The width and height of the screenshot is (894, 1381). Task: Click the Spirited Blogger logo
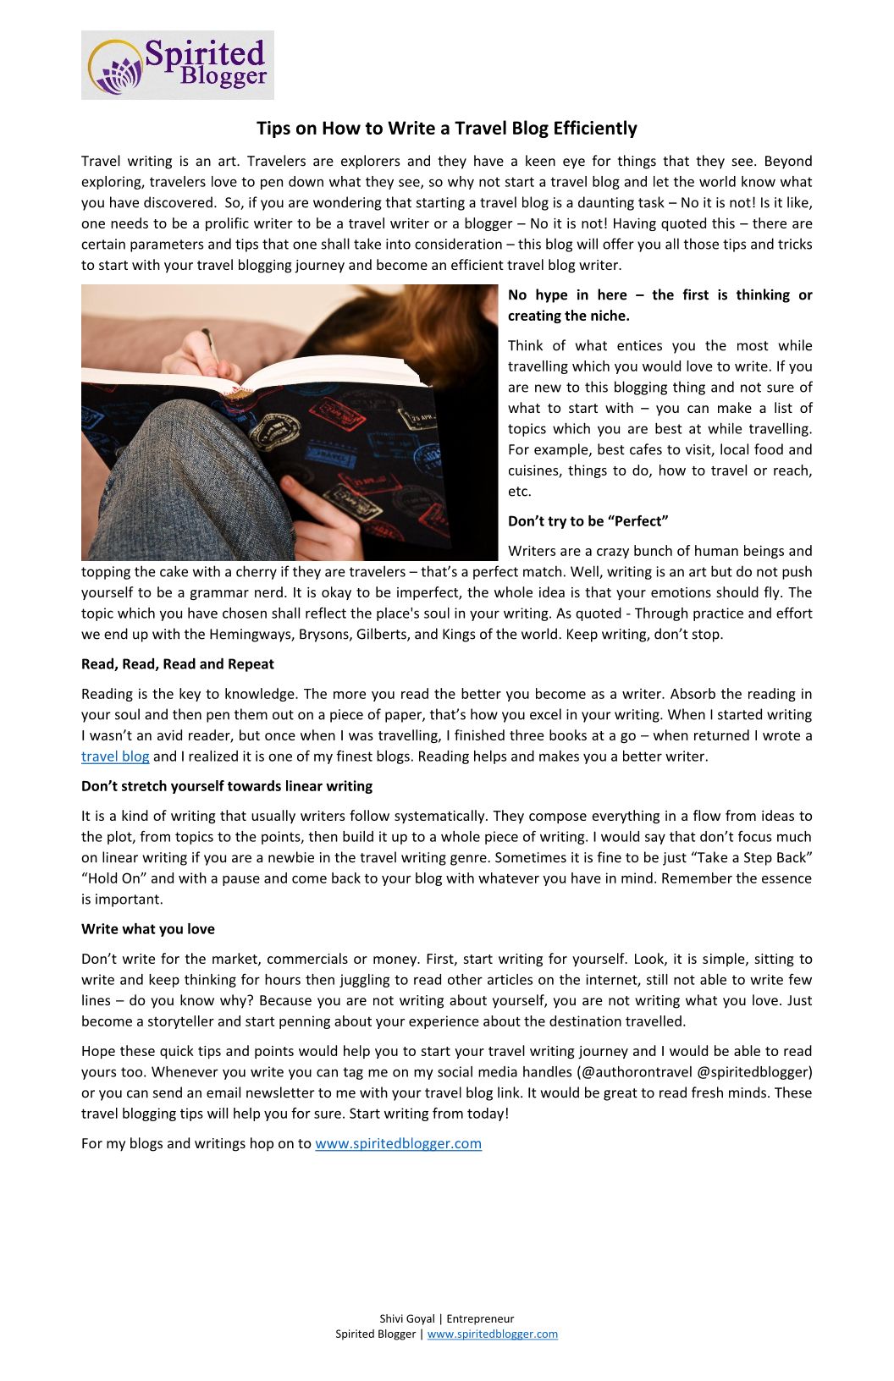pyautogui.click(x=178, y=65)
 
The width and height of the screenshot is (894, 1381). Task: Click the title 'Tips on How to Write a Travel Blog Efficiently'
pyautogui.click(x=446, y=129)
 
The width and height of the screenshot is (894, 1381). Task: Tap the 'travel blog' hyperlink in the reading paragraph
pyautogui.click(x=115, y=757)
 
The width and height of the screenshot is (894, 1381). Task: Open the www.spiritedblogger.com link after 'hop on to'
pyautogui.click(x=398, y=1144)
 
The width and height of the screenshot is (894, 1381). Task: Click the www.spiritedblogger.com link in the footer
pyautogui.click(x=492, y=1334)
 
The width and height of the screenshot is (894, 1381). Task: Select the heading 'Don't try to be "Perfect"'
pyautogui.click(x=588, y=521)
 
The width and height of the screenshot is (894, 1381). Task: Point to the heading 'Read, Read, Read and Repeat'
pyautogui.click(x=178, y=664)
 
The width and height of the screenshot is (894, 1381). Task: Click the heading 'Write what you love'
pyautogui.click(x=148, y=929)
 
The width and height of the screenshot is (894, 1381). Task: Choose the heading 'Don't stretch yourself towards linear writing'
pyautogui.click(x=227, y=786)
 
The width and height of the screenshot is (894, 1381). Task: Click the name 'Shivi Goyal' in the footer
pyautogui.click(x=406, y=1319)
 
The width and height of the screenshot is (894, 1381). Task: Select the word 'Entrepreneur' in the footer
pyautogui.click(x=480, y=1319)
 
